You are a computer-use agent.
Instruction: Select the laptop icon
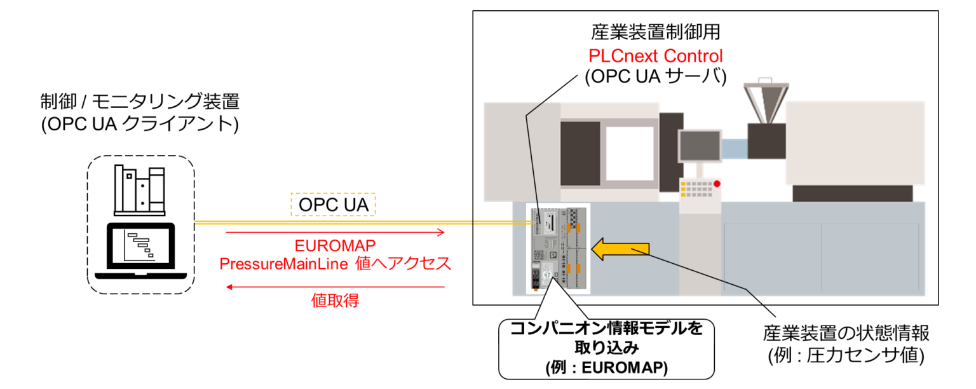[x=140, y=252]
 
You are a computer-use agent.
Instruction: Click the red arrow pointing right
[x=335, y=233]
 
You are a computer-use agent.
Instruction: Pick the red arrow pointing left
[x=335, y=287]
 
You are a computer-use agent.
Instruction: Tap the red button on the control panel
[x=717, y=184]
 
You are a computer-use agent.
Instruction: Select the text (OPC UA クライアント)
[x=140, y=124]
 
